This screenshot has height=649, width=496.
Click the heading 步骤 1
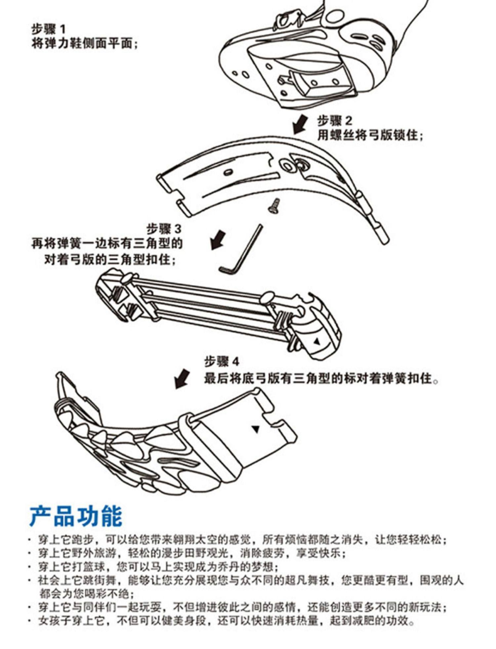coord(48,29)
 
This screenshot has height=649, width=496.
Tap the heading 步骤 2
coord(335,121)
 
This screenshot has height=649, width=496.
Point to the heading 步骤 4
coord(221,361)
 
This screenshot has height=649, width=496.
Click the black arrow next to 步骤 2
coord(300,124)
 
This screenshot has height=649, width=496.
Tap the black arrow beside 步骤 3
coord(218,240)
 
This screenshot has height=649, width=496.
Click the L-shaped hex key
coord(241,250)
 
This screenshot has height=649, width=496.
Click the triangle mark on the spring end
coord(316,341)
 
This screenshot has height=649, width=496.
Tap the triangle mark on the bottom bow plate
coord(255,429)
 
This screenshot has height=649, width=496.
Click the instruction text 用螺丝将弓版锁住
coord(370,135)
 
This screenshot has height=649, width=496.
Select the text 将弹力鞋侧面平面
coord(84,43)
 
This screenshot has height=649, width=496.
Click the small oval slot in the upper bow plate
coord(228,172)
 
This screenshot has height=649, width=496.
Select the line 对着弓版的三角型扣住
coord(110,260)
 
